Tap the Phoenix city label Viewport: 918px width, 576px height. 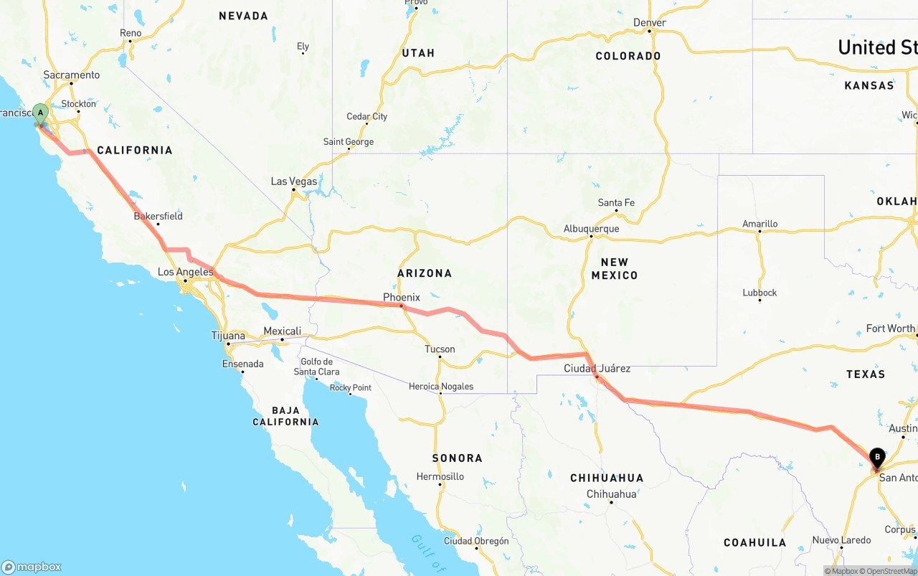(x=402, y=297)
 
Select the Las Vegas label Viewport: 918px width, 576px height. (x=294, y=181)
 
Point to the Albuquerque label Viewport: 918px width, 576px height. (x=591, y=229)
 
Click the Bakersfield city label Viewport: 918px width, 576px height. (x=158, y=216)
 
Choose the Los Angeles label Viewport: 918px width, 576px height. (x=185, y=272)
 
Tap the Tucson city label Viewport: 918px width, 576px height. (x=440, y=349)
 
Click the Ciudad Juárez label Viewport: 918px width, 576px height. (x=597, y=369)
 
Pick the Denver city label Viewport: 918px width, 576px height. (x=650, y=23)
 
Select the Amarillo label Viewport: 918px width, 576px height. (x=760, y=224)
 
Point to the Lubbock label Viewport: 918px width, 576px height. (x=760, y=293)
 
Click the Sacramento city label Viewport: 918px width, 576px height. (x=72, y=75)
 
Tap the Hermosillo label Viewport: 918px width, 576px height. (x=440, y=476)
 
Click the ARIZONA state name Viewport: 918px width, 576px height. (x=425, y=273)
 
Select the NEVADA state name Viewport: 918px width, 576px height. (x=243, y=16)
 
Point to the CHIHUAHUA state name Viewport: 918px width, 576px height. (x=607, y=478)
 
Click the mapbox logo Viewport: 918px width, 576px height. (x=32, y=567)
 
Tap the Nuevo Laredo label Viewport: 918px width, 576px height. (x=841, y=540)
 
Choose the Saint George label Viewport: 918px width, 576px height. (x=349, y=142)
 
